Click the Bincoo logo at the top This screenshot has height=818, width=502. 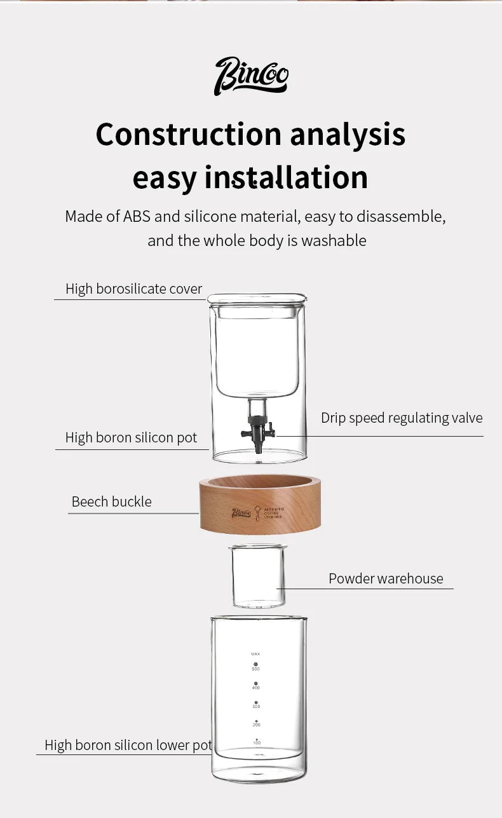click(251, 76)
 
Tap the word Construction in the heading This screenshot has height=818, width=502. click(188, 134)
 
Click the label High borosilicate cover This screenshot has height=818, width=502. click(133, 289)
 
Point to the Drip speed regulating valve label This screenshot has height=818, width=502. click(402, 418)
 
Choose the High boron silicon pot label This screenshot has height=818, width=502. click(131, 438)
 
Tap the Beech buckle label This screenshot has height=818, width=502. click(111, 502)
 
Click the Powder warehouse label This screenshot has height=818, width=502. click(386, 579)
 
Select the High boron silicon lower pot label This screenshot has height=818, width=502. click(128, 746)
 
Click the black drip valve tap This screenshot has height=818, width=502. click(258, 432)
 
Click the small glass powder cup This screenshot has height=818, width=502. click(258, 576)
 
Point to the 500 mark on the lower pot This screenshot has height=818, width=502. click(255, 667)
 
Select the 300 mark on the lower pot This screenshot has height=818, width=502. click(256, 705)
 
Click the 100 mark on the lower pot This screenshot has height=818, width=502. click(256, 742)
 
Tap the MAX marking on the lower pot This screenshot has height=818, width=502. click(255, 654)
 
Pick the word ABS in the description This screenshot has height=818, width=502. click(137, 217)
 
